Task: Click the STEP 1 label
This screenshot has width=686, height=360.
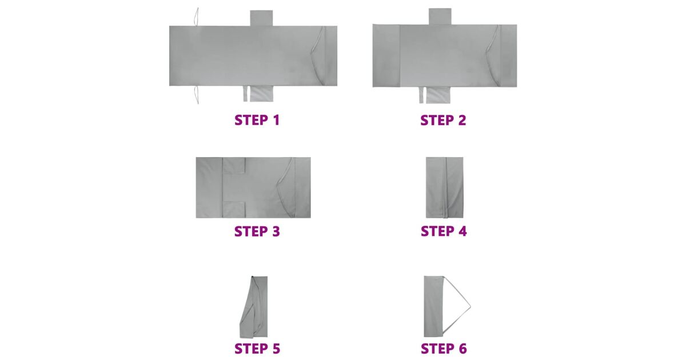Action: point(257,120)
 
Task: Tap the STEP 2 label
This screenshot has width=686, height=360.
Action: point(443,121)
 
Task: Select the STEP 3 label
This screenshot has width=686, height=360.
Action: point(257,231)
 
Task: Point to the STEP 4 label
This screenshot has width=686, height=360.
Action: point(444,231)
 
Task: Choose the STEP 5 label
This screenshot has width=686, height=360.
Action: point(257,349)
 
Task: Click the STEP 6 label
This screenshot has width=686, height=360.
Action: point(444,349)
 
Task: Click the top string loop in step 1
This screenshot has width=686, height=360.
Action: point(196,17)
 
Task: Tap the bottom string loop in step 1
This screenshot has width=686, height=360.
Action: point(196,95)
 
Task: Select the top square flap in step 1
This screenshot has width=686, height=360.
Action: point(261,18)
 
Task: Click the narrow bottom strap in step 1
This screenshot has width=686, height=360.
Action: point(245,94)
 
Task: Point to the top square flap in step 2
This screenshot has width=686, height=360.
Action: point(440,17)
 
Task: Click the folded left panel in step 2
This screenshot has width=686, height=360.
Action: point(386,56)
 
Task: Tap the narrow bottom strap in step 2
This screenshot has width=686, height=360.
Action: point(421,95)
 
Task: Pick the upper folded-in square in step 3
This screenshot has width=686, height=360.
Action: point(234,166)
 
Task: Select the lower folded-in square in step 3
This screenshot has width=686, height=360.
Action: point(234,209)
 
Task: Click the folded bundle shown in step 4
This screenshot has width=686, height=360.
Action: point(444,187)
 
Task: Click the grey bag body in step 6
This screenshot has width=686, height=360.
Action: point(434,306)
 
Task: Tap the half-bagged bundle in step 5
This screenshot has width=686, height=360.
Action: point(254,307)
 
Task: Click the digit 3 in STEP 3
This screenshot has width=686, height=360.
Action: point(276,231)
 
